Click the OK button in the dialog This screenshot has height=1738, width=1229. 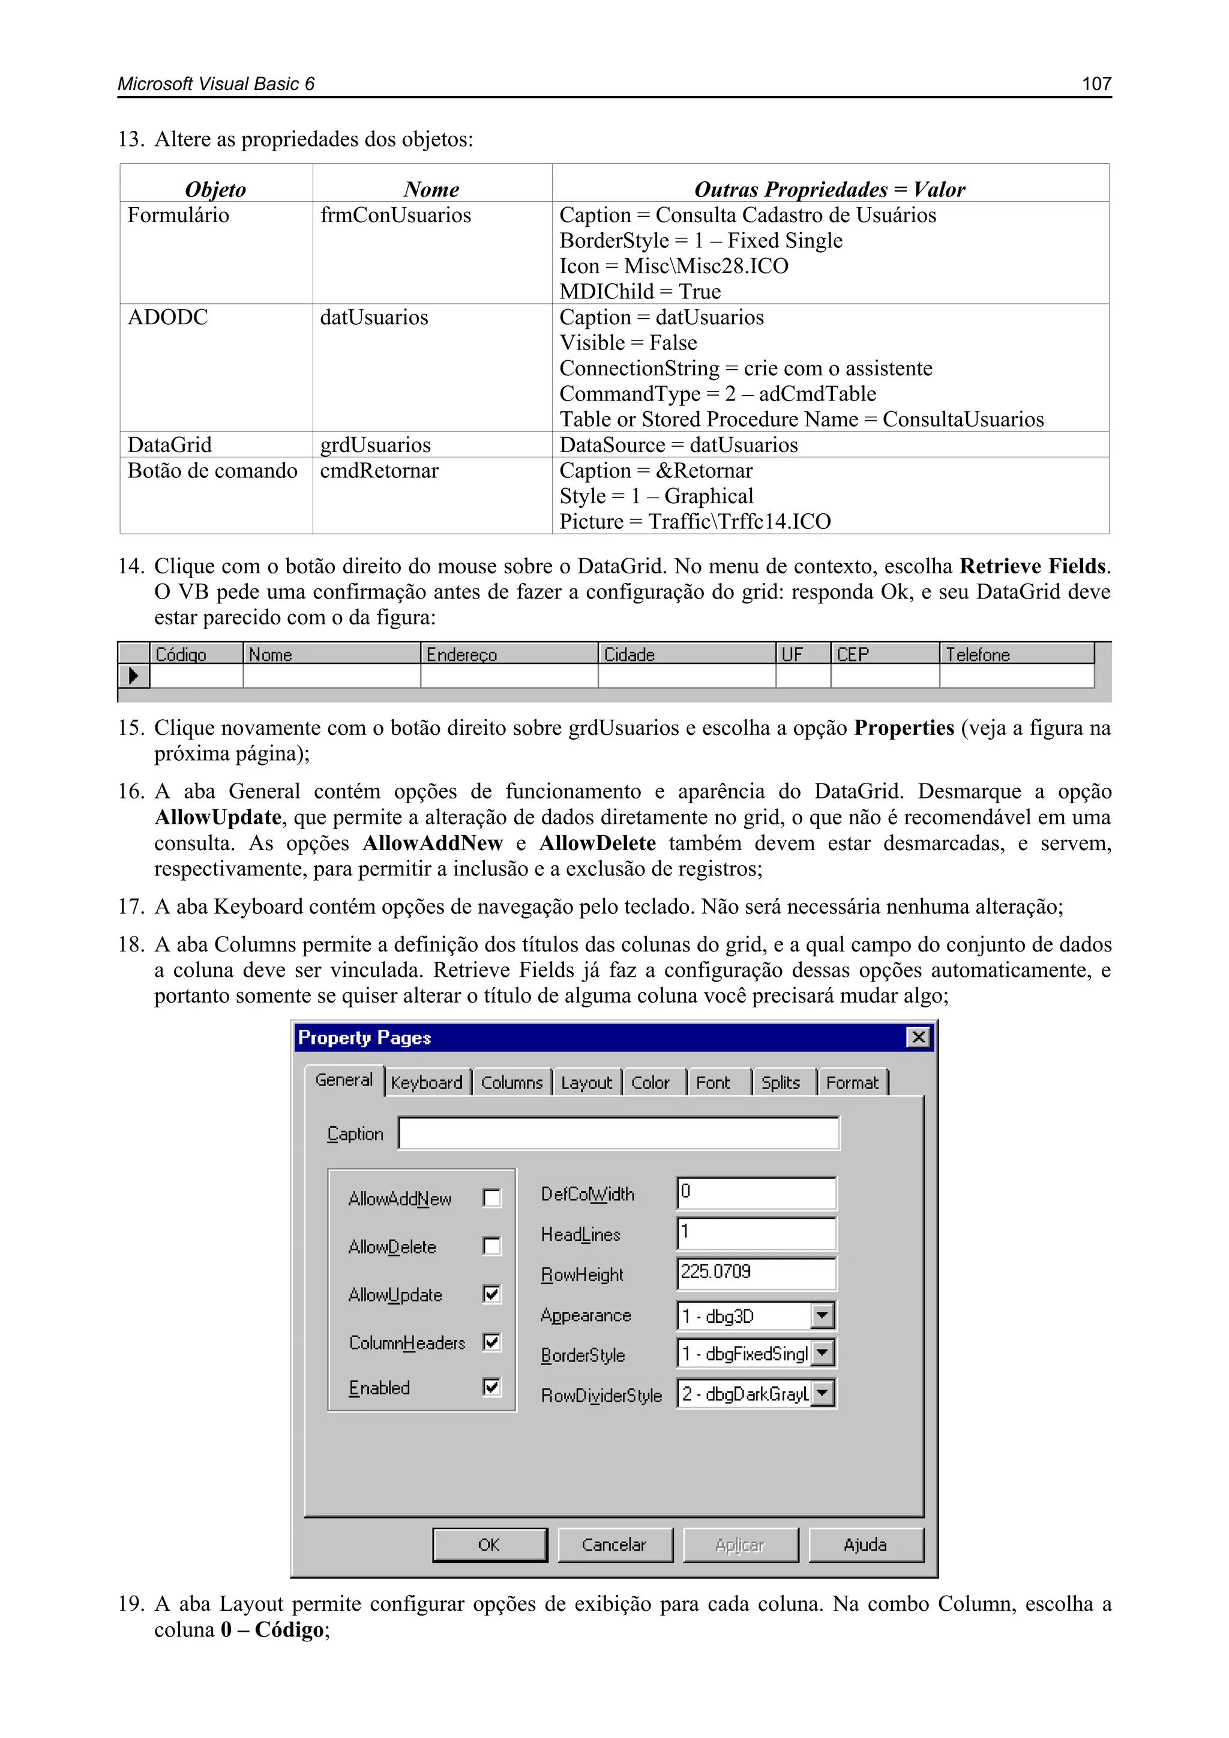coord(490,1544)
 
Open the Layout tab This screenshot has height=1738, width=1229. coord(586,1082)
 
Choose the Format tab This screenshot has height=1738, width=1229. coord(852,1082)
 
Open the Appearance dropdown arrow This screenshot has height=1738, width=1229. coord(822,1315)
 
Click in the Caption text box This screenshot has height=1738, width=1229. coord(618,1133)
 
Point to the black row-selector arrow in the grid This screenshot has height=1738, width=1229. coord(134,675)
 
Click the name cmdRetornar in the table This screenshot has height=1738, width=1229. coord(379,471)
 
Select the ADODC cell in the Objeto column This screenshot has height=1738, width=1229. coord(168,317)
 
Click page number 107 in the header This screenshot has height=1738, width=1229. coord(1096,83)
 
